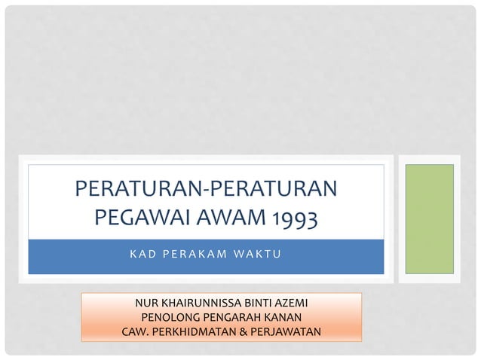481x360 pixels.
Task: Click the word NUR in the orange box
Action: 146,304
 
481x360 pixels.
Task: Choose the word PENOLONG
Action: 168,317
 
